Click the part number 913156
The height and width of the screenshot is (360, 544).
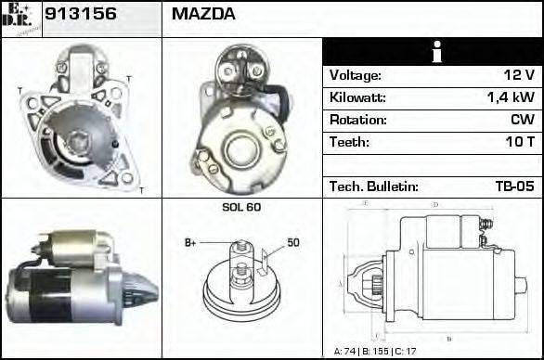point(78,15)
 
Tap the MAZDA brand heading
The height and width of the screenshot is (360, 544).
point(203,15)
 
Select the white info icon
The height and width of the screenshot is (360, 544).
point(432,52)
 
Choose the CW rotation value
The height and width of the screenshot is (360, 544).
point(522,120)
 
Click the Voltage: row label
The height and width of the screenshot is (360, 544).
point(356,75)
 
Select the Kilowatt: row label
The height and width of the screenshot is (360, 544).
point(357,97)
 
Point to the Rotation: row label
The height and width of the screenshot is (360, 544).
point(357,120)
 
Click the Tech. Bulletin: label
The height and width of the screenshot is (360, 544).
point(374,186)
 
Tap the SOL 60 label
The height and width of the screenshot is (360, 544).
point(241,207)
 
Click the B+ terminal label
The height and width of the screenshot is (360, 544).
point(190,243)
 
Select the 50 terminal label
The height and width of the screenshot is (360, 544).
point(292,243)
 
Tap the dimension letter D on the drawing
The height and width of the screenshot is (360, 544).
point(435,204)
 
